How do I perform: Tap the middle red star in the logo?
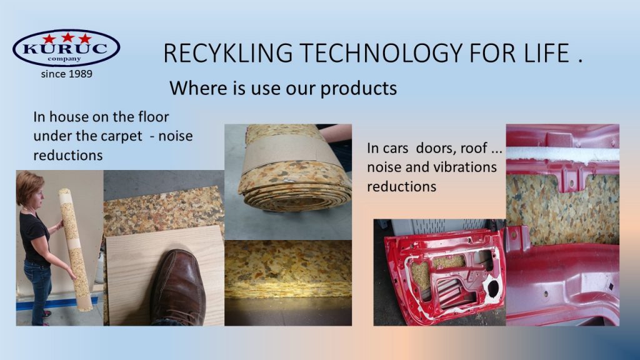pos(67,37)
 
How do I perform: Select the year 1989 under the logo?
pos(79,74)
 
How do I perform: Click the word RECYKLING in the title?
pos(227,53)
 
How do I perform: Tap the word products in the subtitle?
pos(358,89)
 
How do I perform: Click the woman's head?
pos(30,189)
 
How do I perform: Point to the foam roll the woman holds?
pos(76,249)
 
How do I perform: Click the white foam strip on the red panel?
pos(562,154)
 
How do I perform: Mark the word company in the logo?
pos(64,59)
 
